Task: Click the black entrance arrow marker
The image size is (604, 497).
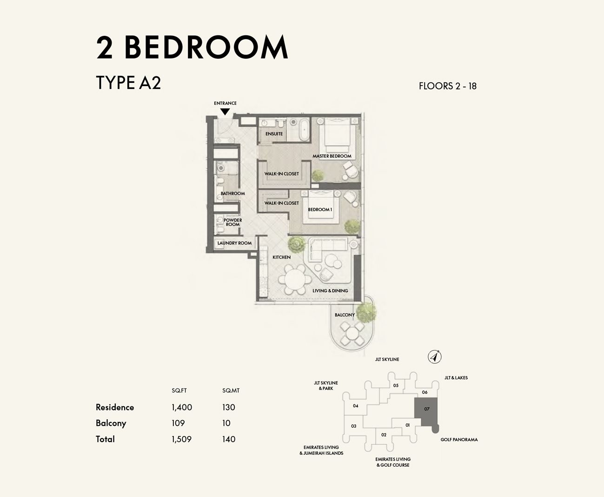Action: [225, 112]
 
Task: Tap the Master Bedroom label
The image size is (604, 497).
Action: [332, 156]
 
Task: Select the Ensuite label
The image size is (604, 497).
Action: [274, 134]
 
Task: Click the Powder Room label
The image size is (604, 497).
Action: [232, 222]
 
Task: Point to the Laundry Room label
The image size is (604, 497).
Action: [234, 243]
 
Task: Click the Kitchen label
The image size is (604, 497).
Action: [281, 257]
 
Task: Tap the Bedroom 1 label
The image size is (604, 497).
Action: [320, 210]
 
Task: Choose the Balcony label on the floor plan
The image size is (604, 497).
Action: [345, 315]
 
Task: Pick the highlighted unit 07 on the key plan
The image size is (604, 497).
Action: [426, 410]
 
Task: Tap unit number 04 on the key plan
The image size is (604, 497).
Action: [356, 406]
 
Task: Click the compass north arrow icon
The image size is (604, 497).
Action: [434, 357]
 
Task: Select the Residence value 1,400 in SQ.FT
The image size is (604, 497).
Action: [182, 407]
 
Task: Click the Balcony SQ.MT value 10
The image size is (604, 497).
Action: [226, 423]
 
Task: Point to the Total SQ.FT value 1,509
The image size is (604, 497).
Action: [181, 439]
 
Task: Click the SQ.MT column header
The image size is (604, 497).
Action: [231, 390]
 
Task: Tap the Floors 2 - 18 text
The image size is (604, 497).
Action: [447, 86]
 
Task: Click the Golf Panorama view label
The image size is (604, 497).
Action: [459, 439]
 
